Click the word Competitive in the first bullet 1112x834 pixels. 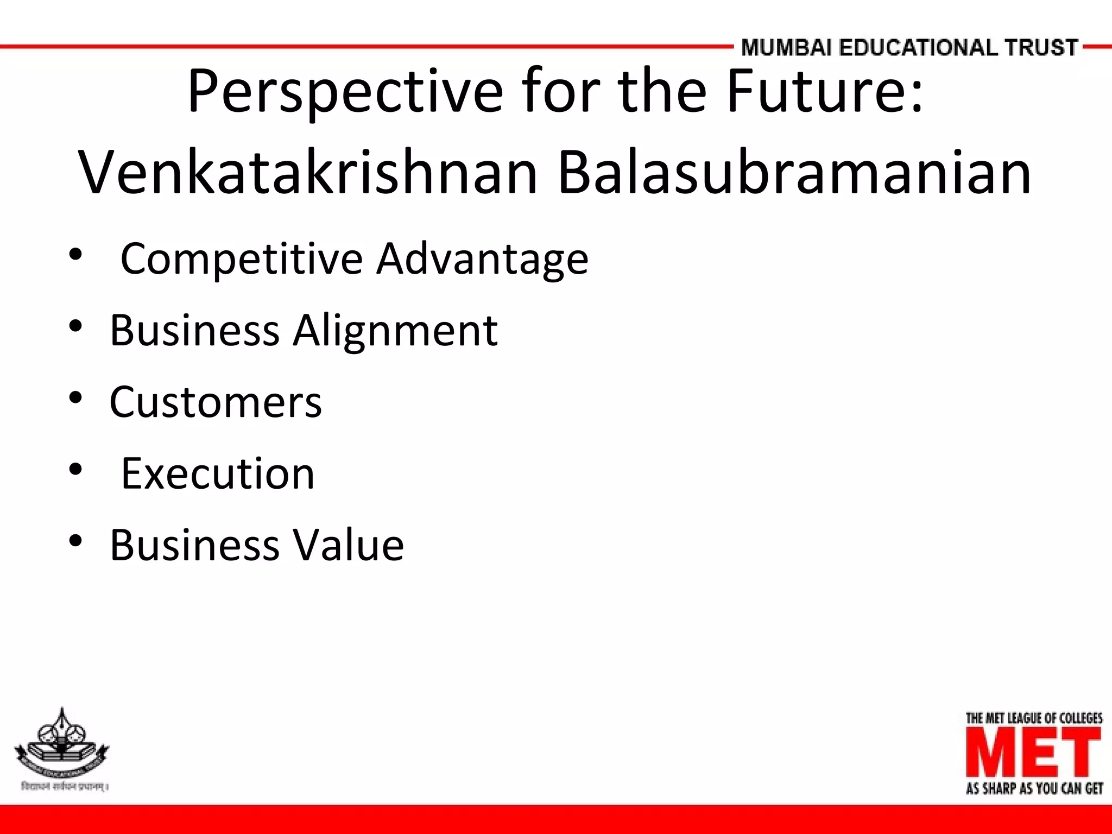point(241,260)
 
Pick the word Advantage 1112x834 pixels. point(482,260)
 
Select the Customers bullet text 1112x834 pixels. point(216,402)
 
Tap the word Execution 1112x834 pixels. point(217,474)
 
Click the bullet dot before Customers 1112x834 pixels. point(75,398)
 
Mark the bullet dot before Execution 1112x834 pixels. point(75,469)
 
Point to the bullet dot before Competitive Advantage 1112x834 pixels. point(75,254)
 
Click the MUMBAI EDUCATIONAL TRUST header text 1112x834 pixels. point(909,48)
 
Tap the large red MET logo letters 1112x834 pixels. point(1034,752)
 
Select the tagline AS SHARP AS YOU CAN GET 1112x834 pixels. point(1034,788)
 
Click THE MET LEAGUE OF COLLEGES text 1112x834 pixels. point(1034,718)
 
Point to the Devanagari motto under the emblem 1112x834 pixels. point(64,787)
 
